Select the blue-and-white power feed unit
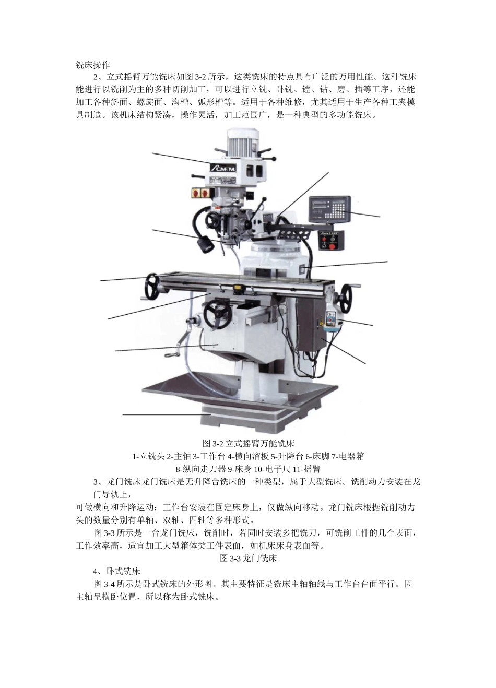tap(330, 321)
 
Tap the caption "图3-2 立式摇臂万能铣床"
tap(249, 444)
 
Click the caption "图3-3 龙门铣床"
tap(248, 558)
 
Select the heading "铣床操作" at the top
tap(92, 66)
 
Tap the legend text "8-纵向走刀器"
tap(198, 468)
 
